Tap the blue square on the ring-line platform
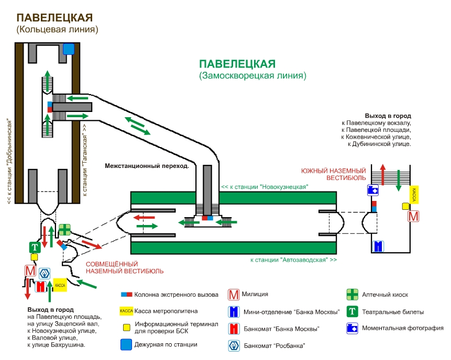(x=69, y=49)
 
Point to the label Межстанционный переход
(x=146, y=165)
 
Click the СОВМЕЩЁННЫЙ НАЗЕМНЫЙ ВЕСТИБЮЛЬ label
(x=125, y=267)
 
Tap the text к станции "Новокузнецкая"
(x=264, y=186)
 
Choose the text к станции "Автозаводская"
(x=293, y=260)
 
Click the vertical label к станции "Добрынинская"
(x=9, y=162)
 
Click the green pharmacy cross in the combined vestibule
(x=64, y=230)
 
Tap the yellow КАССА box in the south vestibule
(x=414, y=194)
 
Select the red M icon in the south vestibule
(x=414, y=216)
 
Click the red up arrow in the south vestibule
(x=383, y=174)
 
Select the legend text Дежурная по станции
(x=166, y=344)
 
